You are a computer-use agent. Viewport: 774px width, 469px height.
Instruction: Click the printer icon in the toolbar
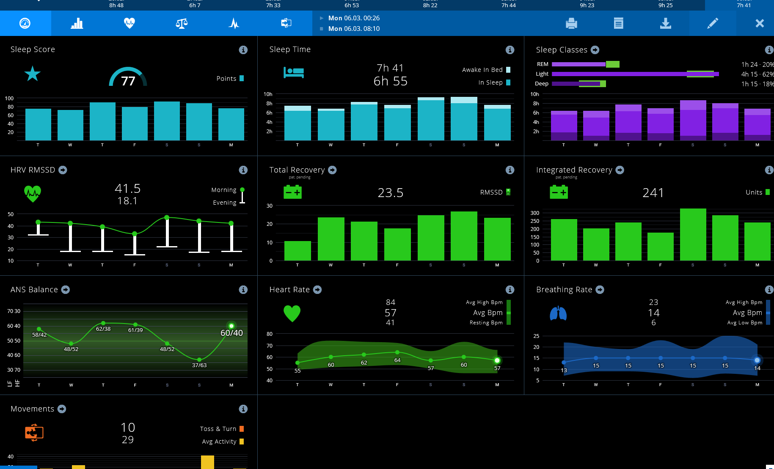(x=571, y=23)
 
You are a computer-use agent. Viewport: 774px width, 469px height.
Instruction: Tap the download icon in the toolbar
(x=666, y=23)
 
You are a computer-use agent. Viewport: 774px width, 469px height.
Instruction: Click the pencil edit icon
(x=713, y=23)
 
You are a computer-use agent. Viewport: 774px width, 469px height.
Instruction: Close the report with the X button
(x=760, y=23)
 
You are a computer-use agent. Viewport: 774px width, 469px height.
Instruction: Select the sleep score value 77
(x=128, y=81)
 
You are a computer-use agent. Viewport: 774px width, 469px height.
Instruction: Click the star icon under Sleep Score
(x=33, y=74)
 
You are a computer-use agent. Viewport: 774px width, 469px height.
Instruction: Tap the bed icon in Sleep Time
(x=294, y=72)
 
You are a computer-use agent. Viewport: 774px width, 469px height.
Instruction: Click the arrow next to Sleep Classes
(x=595, y=50)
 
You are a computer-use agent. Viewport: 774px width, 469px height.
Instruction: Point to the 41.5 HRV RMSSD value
(x=127, y=189)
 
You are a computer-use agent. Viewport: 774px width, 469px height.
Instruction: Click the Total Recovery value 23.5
(x=390, y=193)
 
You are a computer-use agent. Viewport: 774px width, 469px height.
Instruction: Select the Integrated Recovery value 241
(x=653, y=193)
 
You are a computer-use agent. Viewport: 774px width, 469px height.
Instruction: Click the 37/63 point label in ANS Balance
(x=199, y=365)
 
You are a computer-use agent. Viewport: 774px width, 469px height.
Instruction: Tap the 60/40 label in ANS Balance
(x=231, y=333)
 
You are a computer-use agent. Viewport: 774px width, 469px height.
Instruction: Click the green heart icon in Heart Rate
(x=292, y=313)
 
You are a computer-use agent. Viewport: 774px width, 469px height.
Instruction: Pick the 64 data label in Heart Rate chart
(x=397, y=360)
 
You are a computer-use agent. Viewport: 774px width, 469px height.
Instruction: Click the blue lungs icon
(x=558, y=313)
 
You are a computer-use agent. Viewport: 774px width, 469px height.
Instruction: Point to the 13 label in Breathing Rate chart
(x=564, y=370)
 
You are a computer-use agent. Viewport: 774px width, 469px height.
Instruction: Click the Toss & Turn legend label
(x=218, y=429)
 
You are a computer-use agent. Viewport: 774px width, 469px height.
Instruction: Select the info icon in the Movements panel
(x=243, y=409)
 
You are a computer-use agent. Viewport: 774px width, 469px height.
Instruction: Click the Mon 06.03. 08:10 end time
(x=354, y=29)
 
